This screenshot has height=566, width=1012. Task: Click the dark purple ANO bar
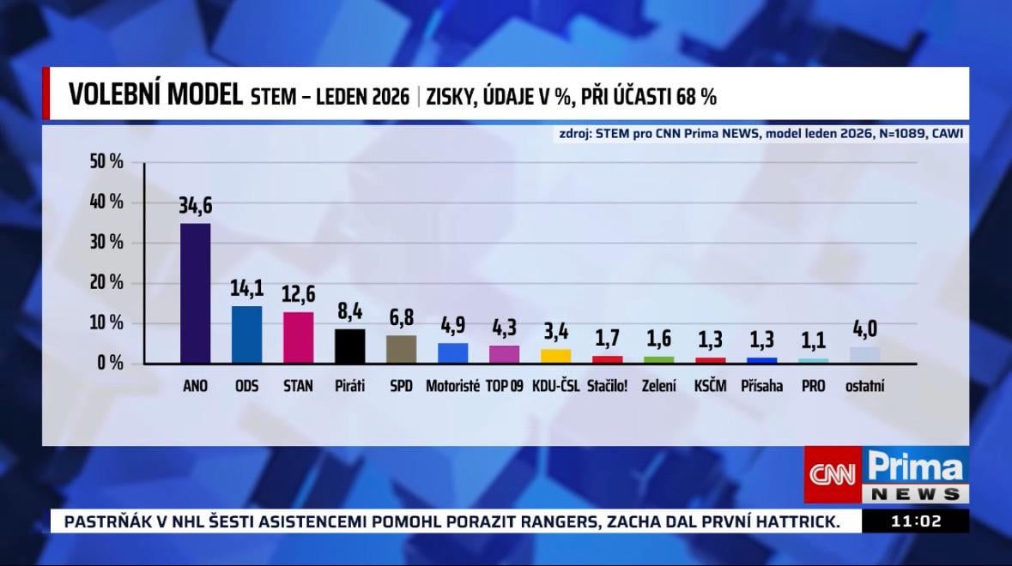pyautogui.click(x=195, y=292)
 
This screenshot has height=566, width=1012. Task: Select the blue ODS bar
pyautogui.click(x=246, y=334)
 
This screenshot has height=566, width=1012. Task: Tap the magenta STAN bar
pyautogui.click(x=298, y=337)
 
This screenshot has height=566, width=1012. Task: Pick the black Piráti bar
pyautogui.click(x=349, y=346)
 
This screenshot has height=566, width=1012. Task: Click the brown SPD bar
pyautogui.click(x=401, y=349)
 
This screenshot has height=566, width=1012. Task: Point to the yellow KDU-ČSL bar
pyautogui.click(x=555, y=356)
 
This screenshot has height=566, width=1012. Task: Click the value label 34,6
pyautogui.click(x=195, y=206)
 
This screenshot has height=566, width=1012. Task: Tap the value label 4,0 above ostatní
pyautogui.click(x=864, y=329)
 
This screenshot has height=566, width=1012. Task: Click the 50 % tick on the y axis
pyautogui.click(x=107, y=162)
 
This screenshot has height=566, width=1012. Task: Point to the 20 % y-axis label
pyautogui.click(x=107, y=283)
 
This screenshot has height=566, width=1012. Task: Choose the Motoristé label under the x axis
pyautogui.click(x=452, y=386)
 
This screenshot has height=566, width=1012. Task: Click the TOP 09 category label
pyautogui.click(x=504, y=386)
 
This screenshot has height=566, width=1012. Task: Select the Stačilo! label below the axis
pyautogui.click(x=607, y=386)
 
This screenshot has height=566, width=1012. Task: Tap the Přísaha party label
pyautogui.click(x=761, y=386)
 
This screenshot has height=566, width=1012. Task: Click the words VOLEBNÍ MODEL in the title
pyautogui.click(x=155, y=95)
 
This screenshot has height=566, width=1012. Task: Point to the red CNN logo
pyautogui.click(x=833, y=473)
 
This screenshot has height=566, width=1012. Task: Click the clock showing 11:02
pyautogui.click(x=916, y=521)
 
